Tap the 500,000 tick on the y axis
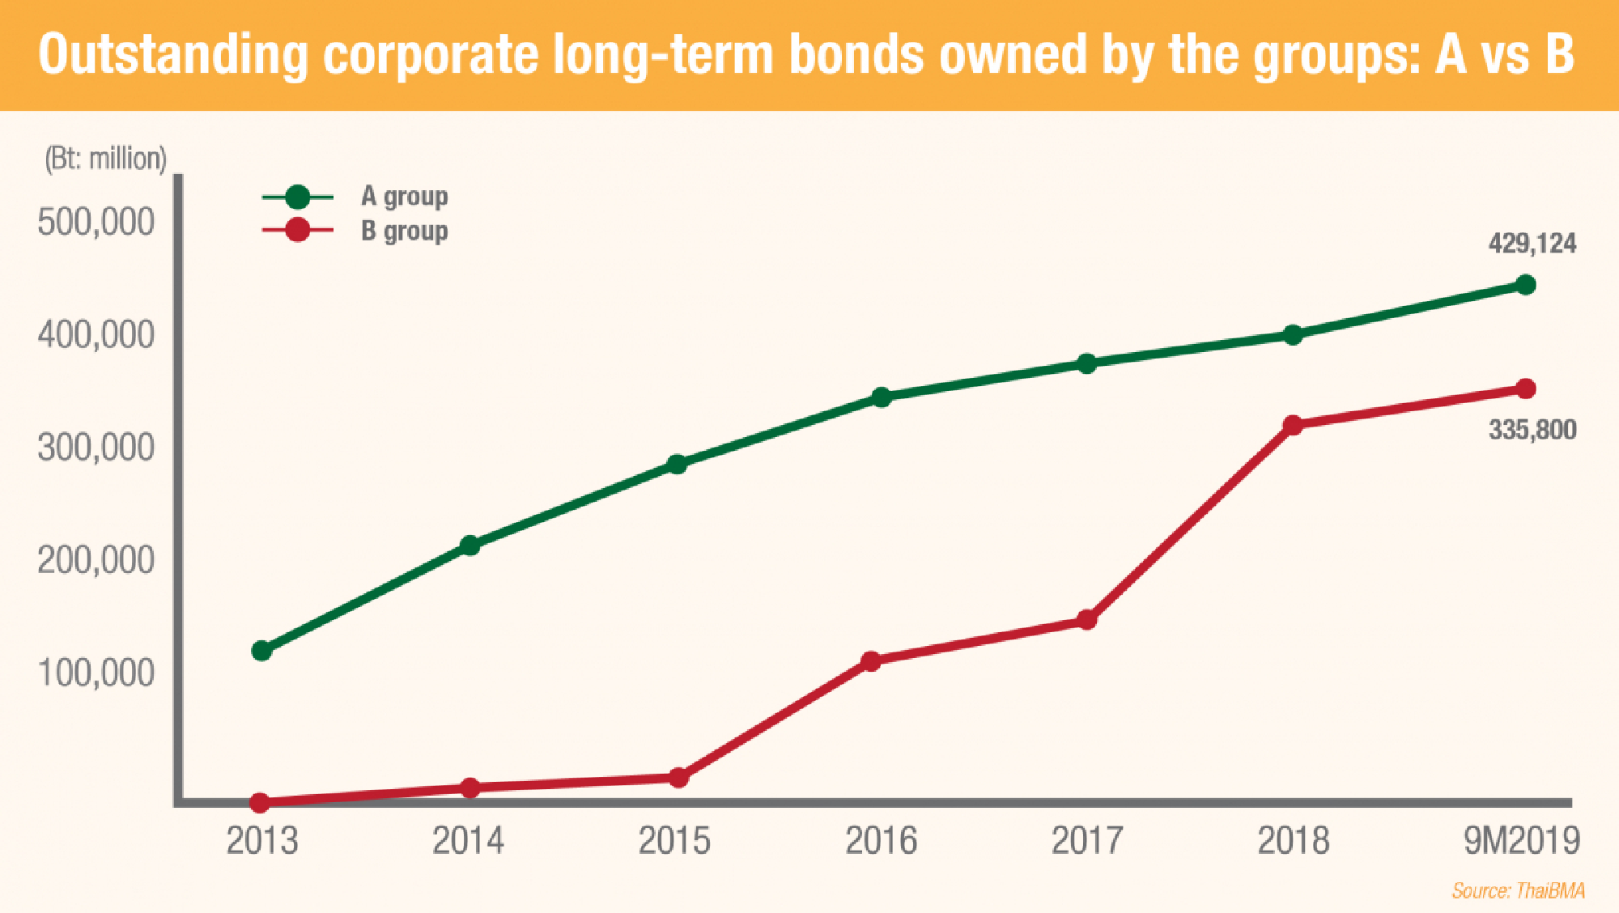coord(96,222)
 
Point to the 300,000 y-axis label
coord(96,447)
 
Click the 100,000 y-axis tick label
coord(96,673)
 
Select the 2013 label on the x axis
coord(261,841)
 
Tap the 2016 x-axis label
coord(881,841)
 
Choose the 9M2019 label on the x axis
coord(1521,841)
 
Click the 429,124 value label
coord(1532,244)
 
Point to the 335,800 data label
coord(1532,430)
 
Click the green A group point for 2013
coord(261,651)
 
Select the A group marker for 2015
coord(677,465)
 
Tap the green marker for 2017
coord(1087,363)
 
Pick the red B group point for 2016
coord(871,661)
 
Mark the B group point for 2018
coord(1293,425)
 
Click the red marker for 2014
coord(470,788)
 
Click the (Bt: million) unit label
coord(105,159)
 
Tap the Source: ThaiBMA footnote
coord(1518,891)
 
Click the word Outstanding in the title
coord(173,55)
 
